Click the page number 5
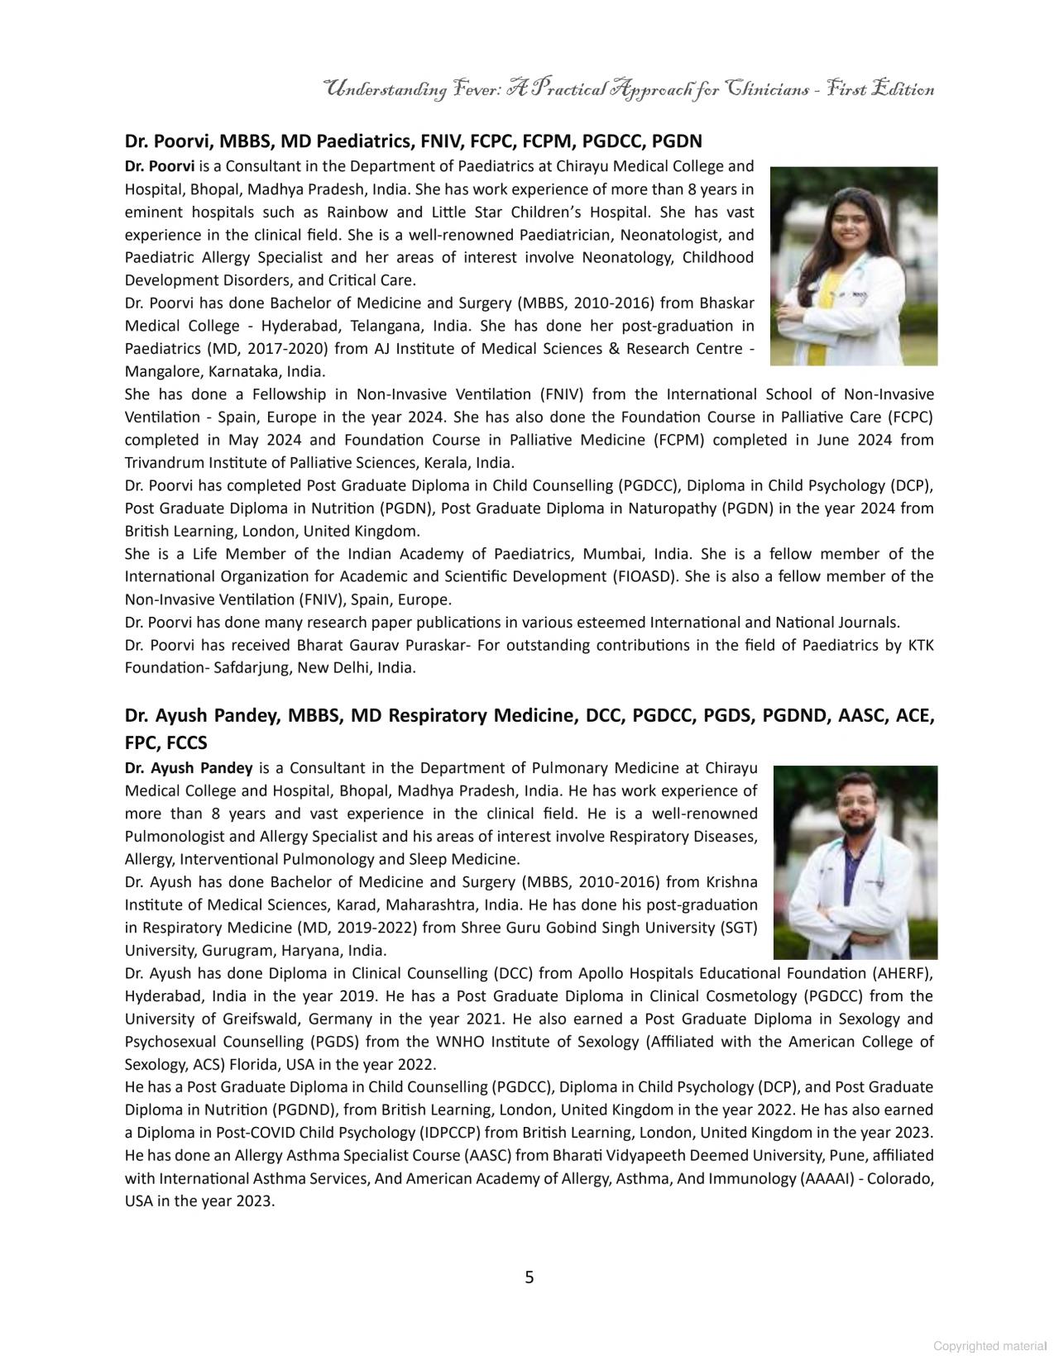(529, 1277)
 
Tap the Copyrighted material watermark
(990, 1346)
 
